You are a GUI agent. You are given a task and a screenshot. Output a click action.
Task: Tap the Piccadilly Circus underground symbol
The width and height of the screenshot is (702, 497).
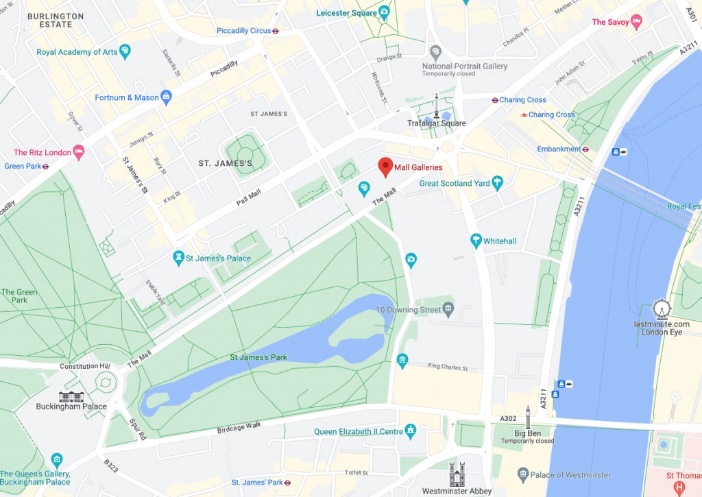coord(275,31)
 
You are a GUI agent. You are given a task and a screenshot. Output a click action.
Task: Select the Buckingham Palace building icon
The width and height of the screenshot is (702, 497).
coord(71,396)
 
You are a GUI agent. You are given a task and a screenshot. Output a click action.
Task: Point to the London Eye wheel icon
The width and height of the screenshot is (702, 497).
coord(661,310)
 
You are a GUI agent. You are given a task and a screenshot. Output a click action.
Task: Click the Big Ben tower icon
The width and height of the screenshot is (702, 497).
coord(527,417)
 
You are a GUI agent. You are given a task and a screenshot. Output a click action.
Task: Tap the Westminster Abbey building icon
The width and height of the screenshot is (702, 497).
coord(457,474)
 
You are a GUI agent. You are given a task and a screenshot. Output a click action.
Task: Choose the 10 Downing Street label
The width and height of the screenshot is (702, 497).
coord(408,310)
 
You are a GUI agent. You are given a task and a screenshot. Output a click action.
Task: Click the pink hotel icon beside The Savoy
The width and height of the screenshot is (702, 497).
coord(636,22)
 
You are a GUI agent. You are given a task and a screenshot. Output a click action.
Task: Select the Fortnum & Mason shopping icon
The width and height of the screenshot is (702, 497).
coord(165,97)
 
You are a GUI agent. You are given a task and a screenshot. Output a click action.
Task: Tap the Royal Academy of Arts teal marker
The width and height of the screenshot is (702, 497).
coord(125,51)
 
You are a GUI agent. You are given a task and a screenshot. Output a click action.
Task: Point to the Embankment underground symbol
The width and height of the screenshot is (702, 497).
coord(585,149)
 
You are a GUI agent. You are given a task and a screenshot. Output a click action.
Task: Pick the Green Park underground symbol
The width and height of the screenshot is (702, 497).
coord(45,166)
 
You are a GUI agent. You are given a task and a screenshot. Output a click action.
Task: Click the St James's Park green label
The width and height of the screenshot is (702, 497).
coord(258,357)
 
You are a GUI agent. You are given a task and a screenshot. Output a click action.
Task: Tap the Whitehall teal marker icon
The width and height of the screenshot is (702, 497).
coord(476,241)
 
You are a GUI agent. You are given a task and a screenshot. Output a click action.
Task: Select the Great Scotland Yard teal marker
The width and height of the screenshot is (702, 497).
coord(498,182)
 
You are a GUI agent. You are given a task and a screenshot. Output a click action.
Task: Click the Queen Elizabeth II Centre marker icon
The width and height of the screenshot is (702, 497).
coord(411,431)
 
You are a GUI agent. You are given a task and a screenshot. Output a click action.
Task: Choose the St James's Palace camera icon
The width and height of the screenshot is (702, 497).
coord(178,258)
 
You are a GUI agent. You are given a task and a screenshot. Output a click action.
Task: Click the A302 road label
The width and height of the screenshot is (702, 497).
coord(508,418)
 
